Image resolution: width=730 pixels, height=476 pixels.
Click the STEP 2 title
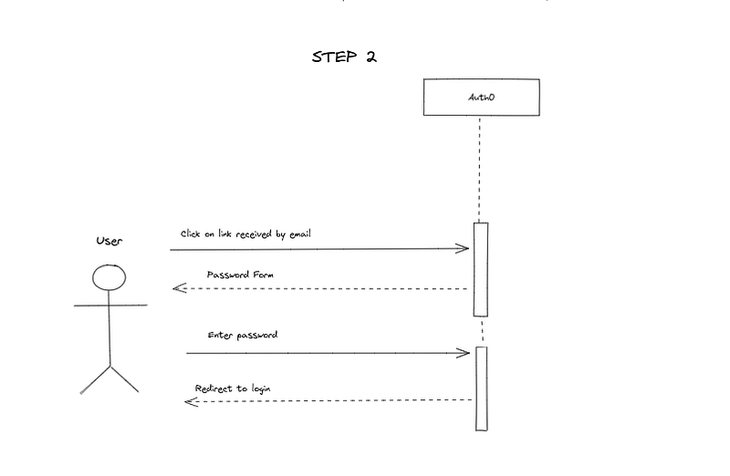[x=344, y=57]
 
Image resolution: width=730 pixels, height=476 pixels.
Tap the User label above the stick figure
[x=109, y=241]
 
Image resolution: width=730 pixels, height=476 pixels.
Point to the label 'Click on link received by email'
[x=245, y=234]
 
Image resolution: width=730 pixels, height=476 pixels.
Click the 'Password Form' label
[x=240, y=274]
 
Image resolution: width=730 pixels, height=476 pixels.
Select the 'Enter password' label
[x=243, y=335]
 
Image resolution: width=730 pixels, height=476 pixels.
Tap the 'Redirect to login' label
[x=233, y=388]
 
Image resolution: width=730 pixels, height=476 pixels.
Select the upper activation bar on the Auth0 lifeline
[x=481, y=269]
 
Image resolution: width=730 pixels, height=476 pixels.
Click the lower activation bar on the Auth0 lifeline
[x=482, y=388]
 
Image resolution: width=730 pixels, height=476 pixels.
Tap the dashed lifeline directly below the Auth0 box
[x=480, y=170]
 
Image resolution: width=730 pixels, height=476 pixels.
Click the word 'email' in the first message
[x=300, y=234]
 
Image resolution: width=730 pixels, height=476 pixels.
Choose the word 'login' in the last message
[x=261, y=389]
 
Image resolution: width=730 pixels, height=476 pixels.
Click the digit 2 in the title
[x=371, y=57]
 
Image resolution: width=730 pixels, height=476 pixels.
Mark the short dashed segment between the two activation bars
[x=483, y=332]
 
